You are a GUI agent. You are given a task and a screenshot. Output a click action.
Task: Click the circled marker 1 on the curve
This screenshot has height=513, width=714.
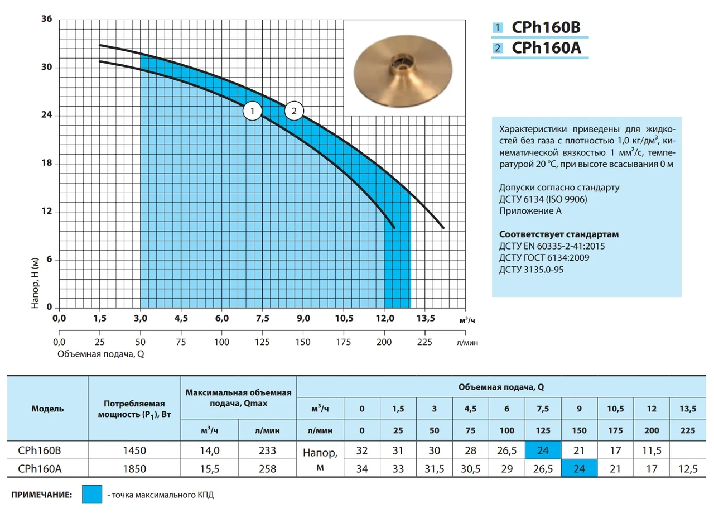coord(252,111)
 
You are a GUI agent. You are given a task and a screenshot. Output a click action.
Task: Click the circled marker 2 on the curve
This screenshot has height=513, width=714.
coord(294,111)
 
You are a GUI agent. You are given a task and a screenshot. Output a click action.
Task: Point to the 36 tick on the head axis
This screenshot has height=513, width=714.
coord(47,20)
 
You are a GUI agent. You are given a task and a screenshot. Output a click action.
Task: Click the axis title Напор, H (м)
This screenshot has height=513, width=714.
coord(35,284)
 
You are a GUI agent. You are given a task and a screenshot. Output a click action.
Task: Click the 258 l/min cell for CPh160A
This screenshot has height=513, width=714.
coord(267,469)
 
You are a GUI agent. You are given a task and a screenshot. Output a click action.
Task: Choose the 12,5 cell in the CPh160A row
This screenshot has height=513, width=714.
coord(687,469)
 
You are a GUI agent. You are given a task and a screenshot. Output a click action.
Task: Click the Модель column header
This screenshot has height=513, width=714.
coord(47,409)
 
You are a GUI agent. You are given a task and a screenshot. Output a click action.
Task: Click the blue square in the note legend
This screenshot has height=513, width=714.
coord(91,495)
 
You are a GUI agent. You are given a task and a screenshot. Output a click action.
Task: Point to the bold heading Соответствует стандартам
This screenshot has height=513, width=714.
coord(559,234)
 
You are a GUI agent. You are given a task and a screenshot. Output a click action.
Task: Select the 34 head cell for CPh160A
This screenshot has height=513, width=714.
coord(361,469)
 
